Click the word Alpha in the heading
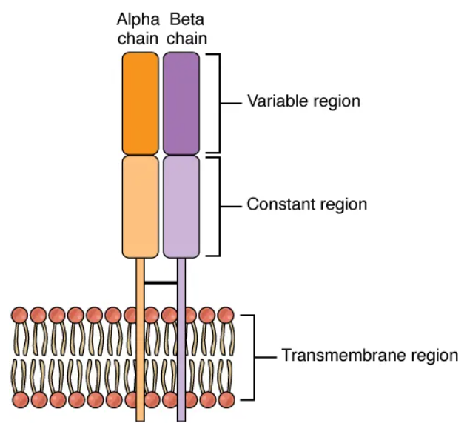click(138, 18)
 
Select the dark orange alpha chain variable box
click(140, 102)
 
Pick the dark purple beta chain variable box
click(181, 102)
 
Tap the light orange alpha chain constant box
click(140, 205)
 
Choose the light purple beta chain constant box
click(181, 205)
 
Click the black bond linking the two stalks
click(161, 282)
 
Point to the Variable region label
click(303, 101)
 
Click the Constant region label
click(306, 204)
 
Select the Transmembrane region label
click(369, 356)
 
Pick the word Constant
click(278, 204)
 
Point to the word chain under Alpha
click(138, 37)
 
